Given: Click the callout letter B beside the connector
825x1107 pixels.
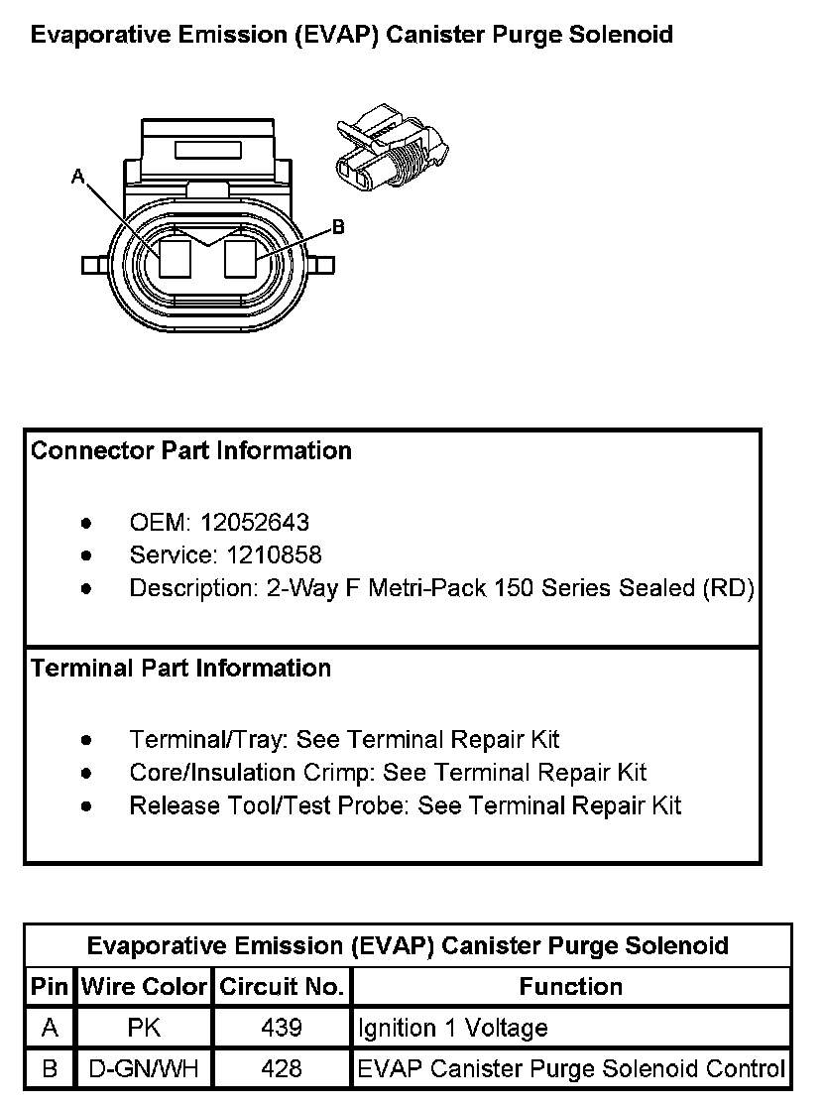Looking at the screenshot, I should coord(338,227).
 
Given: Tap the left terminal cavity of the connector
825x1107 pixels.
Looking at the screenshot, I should coord(176,260).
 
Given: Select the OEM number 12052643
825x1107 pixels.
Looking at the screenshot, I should coord(255,522).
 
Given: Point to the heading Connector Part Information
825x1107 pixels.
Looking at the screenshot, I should coord(191,451).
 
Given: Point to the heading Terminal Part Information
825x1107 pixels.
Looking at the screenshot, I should coord(180,669).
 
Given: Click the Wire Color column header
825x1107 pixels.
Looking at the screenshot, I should coord(144,987).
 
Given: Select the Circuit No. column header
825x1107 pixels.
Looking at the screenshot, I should coord(282,987).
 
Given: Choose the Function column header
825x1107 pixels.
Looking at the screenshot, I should coord(571,987).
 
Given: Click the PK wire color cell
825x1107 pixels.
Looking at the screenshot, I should coord(144,1029).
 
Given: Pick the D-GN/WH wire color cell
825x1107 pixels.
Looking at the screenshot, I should coord(144,1069).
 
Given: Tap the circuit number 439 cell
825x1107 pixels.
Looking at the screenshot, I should coord(282,1029).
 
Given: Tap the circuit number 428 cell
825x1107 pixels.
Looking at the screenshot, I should coord(282,1069).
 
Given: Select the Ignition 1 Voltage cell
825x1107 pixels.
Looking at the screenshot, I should coord(453,1029).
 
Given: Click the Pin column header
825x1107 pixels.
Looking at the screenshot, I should coord(50,987).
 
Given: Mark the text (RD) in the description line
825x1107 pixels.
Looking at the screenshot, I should coord(729,588).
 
